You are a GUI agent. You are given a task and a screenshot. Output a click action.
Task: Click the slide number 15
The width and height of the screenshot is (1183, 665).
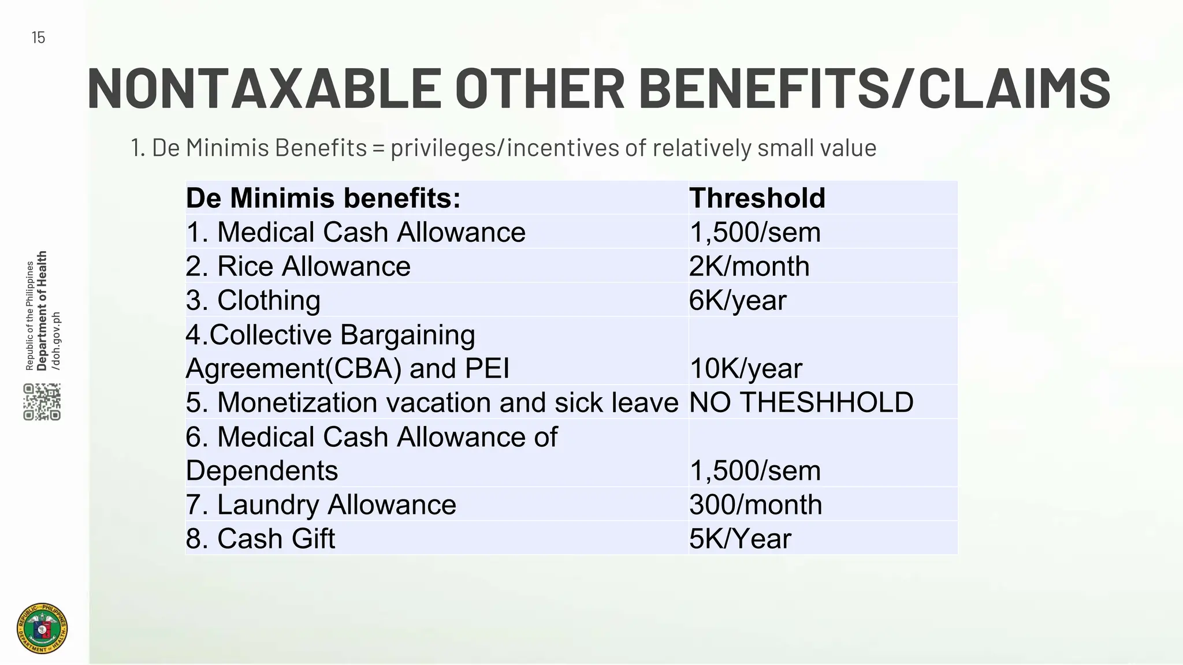click(x=38, y=38)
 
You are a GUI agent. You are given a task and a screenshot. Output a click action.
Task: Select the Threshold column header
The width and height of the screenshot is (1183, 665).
click(x=757, y=198)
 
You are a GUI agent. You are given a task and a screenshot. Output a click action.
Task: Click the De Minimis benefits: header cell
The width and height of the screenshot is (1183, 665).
click(x=323, y=198)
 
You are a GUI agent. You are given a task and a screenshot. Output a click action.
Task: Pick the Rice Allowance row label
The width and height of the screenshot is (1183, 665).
click(x=298, y=266)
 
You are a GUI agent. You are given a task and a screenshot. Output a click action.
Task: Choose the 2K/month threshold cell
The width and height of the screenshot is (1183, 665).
click(x=749, y=266)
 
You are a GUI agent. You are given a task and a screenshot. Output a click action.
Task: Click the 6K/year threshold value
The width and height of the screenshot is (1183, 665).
click(x=738, y=300)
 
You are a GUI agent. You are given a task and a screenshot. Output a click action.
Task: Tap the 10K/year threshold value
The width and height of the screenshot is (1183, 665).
click(x=746, y=368)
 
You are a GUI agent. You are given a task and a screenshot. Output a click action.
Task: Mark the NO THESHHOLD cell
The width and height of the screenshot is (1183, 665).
click(x=801, y=402)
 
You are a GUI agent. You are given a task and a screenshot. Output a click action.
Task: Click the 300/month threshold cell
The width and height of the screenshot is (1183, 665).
click(x=756, y=505)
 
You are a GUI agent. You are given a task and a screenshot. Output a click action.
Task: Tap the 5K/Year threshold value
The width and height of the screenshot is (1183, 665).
click(x=740, y=539)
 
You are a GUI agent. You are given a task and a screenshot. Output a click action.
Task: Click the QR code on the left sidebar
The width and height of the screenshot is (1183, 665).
click(x=42, y=402)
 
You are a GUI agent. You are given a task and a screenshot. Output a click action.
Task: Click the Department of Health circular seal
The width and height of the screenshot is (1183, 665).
click(x=42, y=629)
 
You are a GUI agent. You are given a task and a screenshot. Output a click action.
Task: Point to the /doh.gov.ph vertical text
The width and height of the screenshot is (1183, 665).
click(x=56, y=341)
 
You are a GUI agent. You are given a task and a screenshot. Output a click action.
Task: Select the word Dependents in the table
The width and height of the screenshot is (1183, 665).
click(x=262, y=470)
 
